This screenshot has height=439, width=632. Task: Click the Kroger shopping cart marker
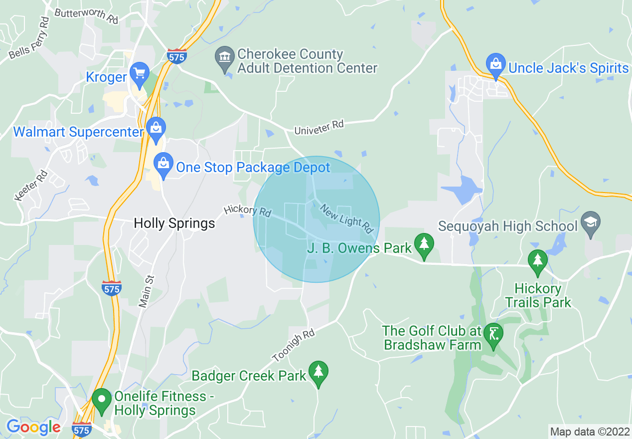click(140, 73)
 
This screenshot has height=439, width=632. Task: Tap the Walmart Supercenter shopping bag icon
click(156, 128)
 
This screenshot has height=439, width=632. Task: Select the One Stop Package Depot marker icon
click(163, 164)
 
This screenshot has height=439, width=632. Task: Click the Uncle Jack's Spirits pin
click(496, 64)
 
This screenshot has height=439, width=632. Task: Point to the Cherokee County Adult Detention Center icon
click(225, 58)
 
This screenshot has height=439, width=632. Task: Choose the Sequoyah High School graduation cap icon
click(591, 222)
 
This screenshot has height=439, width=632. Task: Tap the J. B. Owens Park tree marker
click(424, 244)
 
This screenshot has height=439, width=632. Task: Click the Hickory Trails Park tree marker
click(537, 260)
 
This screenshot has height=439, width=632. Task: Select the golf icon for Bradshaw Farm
click(493, 334)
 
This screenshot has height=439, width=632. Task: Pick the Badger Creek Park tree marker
click(318, 372)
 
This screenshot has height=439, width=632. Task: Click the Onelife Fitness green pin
click(102, 400)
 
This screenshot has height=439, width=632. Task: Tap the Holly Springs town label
click(174, 223)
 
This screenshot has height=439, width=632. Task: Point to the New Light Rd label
click(346, 218)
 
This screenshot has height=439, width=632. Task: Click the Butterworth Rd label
click(86, 15)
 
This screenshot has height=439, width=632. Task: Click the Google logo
click(33, 427)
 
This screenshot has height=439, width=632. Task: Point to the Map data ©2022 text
click(589, 432)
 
